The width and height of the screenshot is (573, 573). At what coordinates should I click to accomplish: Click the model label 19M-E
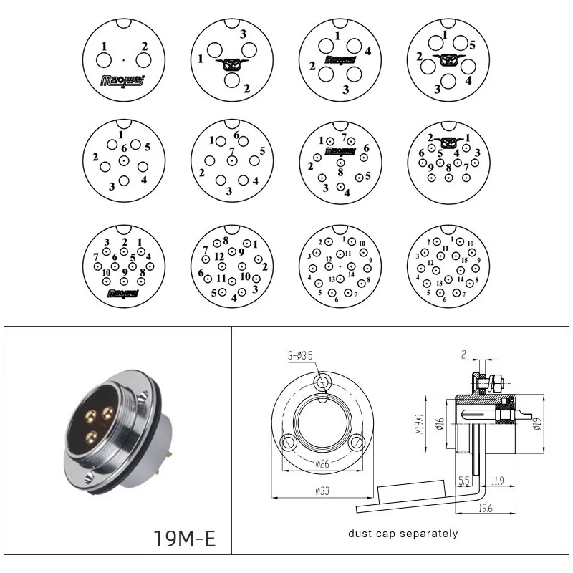pos(185,539)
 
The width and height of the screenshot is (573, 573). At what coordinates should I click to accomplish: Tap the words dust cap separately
pos(403,534)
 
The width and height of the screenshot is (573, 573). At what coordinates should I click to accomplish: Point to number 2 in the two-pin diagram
pos(145,47)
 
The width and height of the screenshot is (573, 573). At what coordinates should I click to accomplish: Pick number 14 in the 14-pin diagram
pos(352,274)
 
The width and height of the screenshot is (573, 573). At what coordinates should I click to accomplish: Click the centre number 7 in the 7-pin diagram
pos(231,151)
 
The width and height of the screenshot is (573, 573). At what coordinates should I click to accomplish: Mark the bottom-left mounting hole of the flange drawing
pos(289,440)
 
